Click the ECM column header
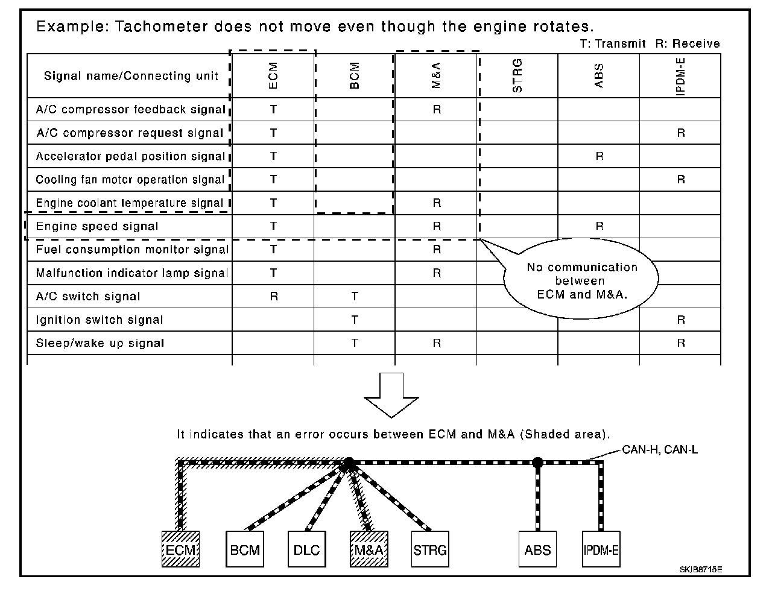click(273, 76)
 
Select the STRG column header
click(517, 76)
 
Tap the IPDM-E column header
click(680, 76)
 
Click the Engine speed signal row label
click(97, 227)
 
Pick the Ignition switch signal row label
click(100, 320)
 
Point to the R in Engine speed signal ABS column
click(599, 226)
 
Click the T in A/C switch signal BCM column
click(355, 297)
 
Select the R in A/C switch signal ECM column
click(273, 297)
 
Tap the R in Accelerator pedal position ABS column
click(599, 156)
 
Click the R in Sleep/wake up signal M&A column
click(437, 343)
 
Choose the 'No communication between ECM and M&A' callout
click(581, 281)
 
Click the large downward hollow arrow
click(391, 395)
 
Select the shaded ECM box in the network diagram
click(180, 549)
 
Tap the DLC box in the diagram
click(306, 549)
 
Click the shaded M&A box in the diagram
click(369, 549)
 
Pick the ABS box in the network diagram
click(537, 549)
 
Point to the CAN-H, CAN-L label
click(660, 449)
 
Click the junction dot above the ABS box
click(538, 463)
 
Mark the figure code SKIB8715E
click(701, 569)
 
